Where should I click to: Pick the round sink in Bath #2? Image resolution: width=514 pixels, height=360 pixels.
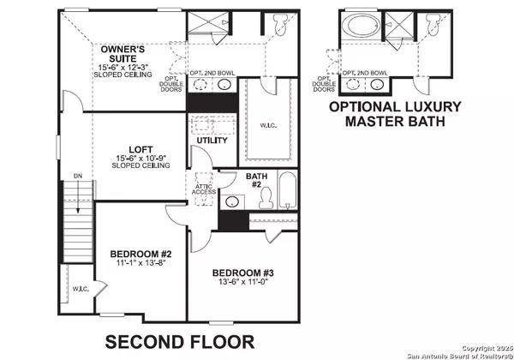[232, 204]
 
